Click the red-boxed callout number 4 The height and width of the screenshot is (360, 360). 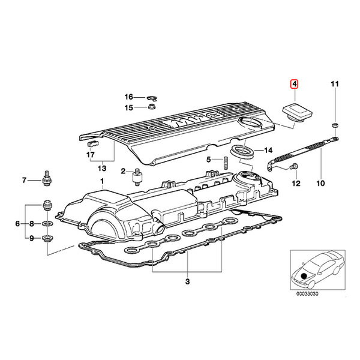click(x=295, y=84)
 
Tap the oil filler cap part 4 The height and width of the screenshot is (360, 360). click(x=297, y=113)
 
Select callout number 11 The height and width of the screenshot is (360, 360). click(x=335, y=84)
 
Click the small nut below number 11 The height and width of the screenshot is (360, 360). click(x=335, y=125)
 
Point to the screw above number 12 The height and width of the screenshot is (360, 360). click(x=293, y=166)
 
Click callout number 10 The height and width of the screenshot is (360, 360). click(x=320, y=183)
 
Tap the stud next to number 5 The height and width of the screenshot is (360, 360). click(x=225, y=163)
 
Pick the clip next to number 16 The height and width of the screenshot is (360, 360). click(x=152, y=98)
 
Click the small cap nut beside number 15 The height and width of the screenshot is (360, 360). click(x=151, y=107)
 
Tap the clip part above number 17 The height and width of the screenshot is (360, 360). click(x=93, y=144)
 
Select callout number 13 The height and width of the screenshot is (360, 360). click(x=102, y=168)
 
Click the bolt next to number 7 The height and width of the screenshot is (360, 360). click(x=47, y=178)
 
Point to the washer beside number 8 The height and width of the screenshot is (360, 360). click(x=47, y=223)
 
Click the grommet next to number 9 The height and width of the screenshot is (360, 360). click(x=47, y=238)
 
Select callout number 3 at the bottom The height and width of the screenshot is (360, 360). click(x=187, y=281)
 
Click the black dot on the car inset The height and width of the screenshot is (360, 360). click(x=304, y=276)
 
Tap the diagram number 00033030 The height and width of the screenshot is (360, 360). click(x=307, y=293)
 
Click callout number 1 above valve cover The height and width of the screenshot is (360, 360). click(x=102, y=181)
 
